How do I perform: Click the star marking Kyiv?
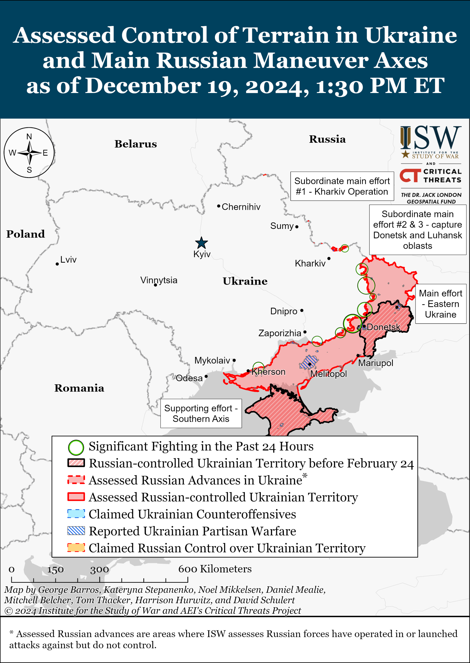tap(201, 243)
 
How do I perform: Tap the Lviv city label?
tap(68, 260)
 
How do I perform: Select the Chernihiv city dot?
tap(219, 206)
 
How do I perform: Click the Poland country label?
tap(25, 234)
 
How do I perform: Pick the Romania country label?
tap(79, 388)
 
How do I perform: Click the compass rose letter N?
tap(29, 136)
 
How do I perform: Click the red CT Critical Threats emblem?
tap(410, 176)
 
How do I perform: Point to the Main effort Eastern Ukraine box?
tap(440, 304)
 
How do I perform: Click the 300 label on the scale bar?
tap(99, 570)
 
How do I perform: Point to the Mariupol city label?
tap(376, 363)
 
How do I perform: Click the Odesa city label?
tap(189, 378)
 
